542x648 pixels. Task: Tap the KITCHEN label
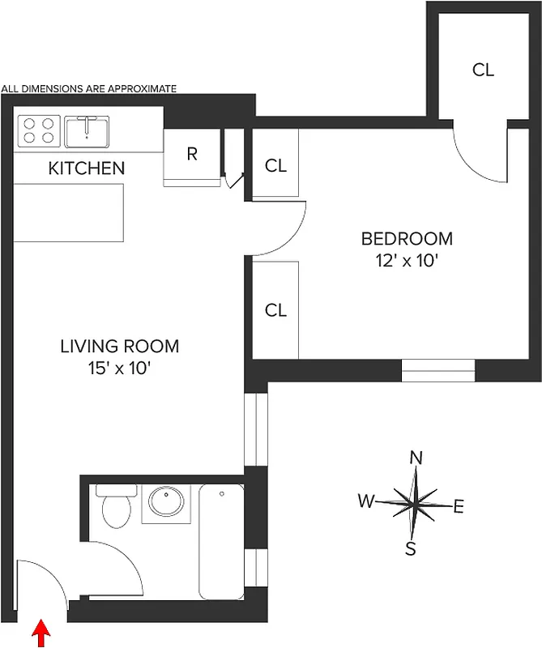(87, 168)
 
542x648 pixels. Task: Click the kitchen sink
(87, 130)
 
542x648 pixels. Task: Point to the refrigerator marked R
(192, 154)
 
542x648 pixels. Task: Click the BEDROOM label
(406, 239)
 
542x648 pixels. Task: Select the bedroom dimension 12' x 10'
(406, 262)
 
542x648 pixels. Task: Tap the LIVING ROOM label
(119, 347)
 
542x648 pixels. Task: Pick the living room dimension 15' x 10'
(119, 369)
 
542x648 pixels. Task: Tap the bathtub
(221, 541)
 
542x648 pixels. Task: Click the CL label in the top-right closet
(483, 70)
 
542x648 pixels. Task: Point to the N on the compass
(416, 458)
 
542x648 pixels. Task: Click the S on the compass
(411, 549)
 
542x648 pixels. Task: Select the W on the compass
(367, 501)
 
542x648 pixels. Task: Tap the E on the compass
(459, 508)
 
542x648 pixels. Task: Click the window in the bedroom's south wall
(438, 370)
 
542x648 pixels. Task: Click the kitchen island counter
(69, 212)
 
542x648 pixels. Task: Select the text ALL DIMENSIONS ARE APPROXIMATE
(89, 88)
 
